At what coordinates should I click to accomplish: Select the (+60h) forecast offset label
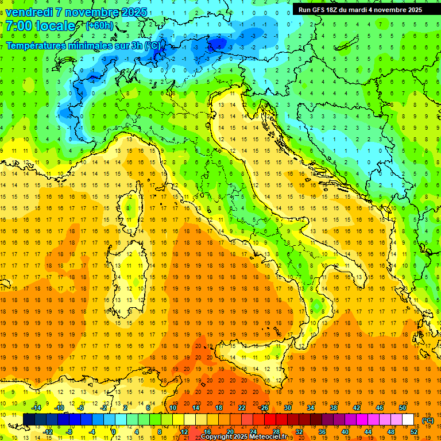click(x=99, y=26)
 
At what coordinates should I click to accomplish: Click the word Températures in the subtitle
click(x=35, y=45)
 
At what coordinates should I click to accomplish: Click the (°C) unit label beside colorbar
click(x=428, y=420)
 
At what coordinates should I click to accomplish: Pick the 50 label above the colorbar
click(x=403, y=408)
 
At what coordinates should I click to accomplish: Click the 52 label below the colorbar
click(x=414, y=432)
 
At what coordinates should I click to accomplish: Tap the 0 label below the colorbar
click(x=114, y=432)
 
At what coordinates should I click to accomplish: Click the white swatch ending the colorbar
click(x=408, y=420)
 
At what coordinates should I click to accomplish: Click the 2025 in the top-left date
click(x=131, y=11)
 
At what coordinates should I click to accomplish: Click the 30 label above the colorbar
click(x=288, y=408)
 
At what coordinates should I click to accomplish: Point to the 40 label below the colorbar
click(x=345, y=432)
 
